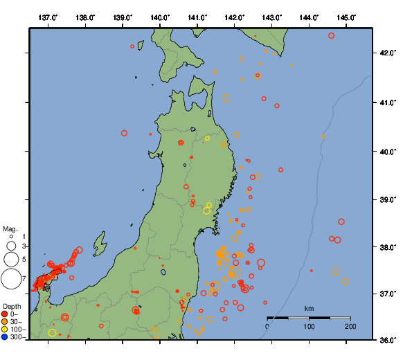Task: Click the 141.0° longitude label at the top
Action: (197, 17)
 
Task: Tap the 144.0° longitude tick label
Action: (310, 17)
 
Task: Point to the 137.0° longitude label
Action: (48, 17)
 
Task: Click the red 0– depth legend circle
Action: (5, 314)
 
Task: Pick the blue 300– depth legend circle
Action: (5, 337)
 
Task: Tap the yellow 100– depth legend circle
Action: (5, 330)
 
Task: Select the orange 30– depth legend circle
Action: (5, 322)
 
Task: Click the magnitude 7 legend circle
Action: (10, 279)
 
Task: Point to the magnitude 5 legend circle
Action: (10, 260)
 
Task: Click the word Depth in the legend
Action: (12, 306)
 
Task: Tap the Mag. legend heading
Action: (10, 228)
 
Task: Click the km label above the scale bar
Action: (309, 308)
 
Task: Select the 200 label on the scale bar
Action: (350, 326)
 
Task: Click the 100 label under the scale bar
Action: (308, 326)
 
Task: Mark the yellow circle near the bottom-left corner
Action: (52, 333)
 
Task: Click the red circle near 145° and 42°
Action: (332, 35)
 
